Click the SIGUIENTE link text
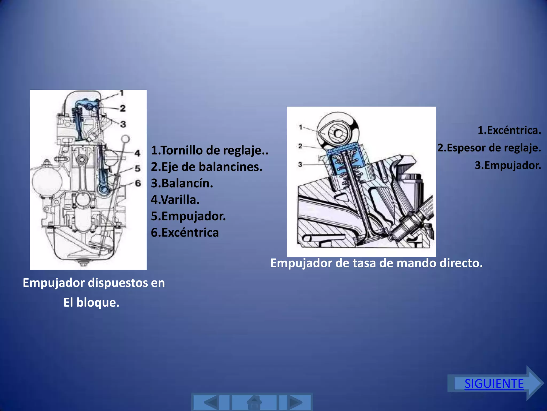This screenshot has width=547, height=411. [x=494, y=384]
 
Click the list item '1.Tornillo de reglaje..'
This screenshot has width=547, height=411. [x=209, y=150]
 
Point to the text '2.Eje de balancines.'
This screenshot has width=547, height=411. [x=206, y=167]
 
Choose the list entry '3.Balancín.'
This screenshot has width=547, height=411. [x=182, y=183]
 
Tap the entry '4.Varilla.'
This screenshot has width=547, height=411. [x=175, y=200]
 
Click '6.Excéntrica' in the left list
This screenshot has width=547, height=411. [x=185, y=233]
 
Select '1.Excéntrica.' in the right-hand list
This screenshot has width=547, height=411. [x=509, y=130]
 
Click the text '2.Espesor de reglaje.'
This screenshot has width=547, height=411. [x=489, y=148]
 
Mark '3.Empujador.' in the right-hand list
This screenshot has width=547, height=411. [x=507, y=165]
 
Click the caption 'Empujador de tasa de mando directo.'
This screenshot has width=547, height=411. [x=376, y=263]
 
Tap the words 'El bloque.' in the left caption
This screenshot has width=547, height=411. [x=91, y=303]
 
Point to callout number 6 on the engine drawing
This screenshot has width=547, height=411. [x=138, y=183]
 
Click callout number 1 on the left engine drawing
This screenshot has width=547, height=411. [x=122, y=93]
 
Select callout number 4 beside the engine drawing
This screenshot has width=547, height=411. [x=137, y=153]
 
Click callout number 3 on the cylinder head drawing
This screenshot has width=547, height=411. [x=300, y=164]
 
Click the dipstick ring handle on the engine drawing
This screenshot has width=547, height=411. [x=125, y=139]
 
